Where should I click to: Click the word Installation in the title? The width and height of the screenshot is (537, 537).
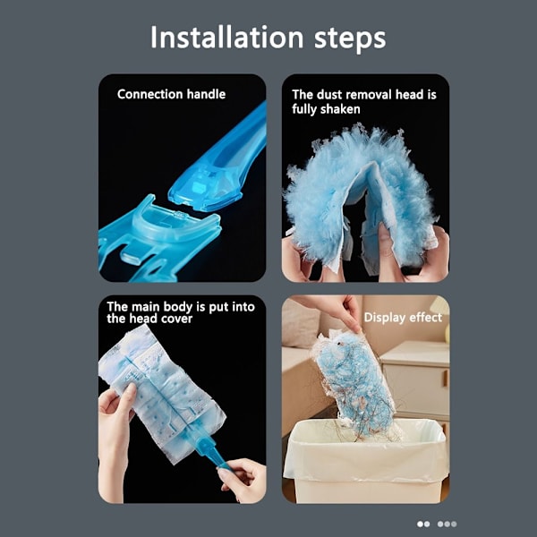click(x=227, y=37)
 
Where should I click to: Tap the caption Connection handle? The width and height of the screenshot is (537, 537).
click(x=171, y=94)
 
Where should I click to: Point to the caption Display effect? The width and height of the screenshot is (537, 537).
click(x=403, y=318)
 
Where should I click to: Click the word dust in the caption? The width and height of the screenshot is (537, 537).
click(x=329, y=95)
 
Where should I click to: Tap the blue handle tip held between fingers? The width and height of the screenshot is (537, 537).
click(x=222, y=462)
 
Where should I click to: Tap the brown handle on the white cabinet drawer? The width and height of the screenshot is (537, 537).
click(x=445, y=378)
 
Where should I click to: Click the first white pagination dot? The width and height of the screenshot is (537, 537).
click(x=420, y=524)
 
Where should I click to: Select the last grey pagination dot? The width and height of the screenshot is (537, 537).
click(x=454, y=524)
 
